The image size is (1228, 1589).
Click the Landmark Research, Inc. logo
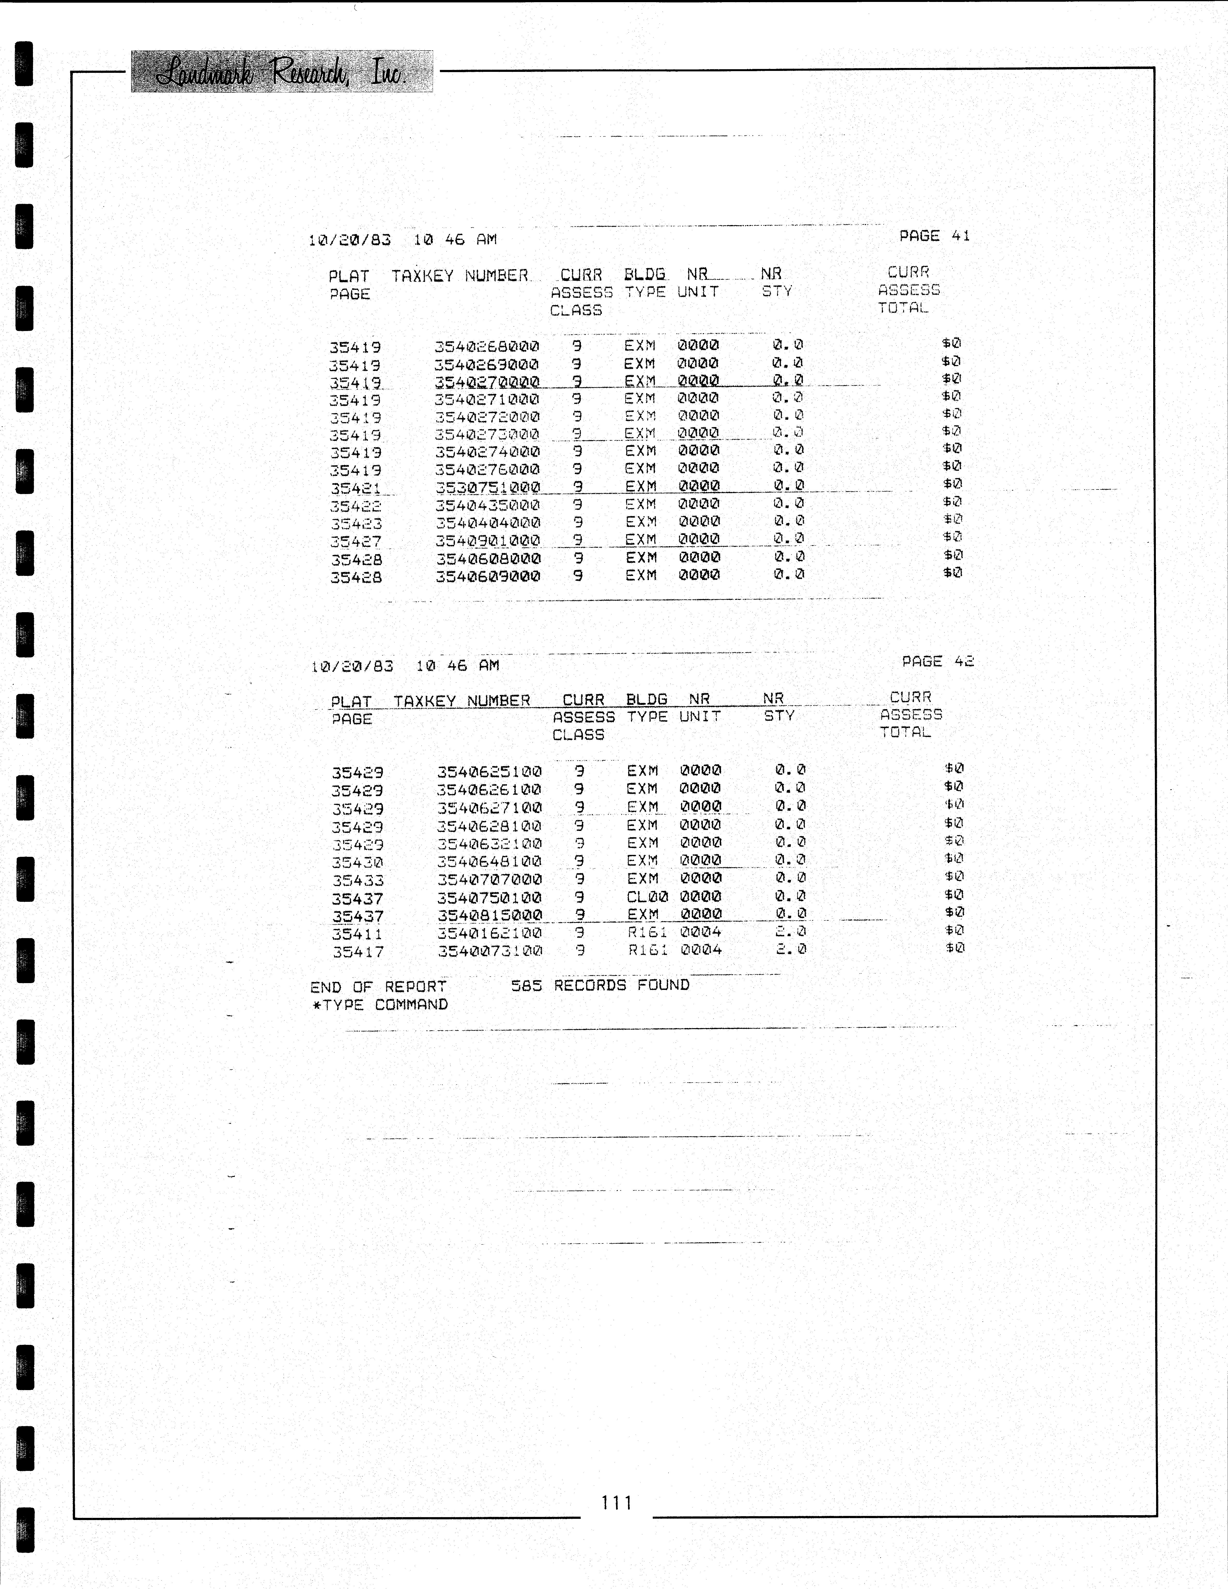tap(282, 71)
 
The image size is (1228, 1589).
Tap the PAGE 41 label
tap(934, 236)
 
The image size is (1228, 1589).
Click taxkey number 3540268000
tap(487, 346)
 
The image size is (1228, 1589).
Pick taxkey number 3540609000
tap(488, 576)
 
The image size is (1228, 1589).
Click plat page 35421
tap(355, 488)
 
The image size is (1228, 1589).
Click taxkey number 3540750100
tap(489, 898)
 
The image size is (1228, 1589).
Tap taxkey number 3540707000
tap(489, 880)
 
